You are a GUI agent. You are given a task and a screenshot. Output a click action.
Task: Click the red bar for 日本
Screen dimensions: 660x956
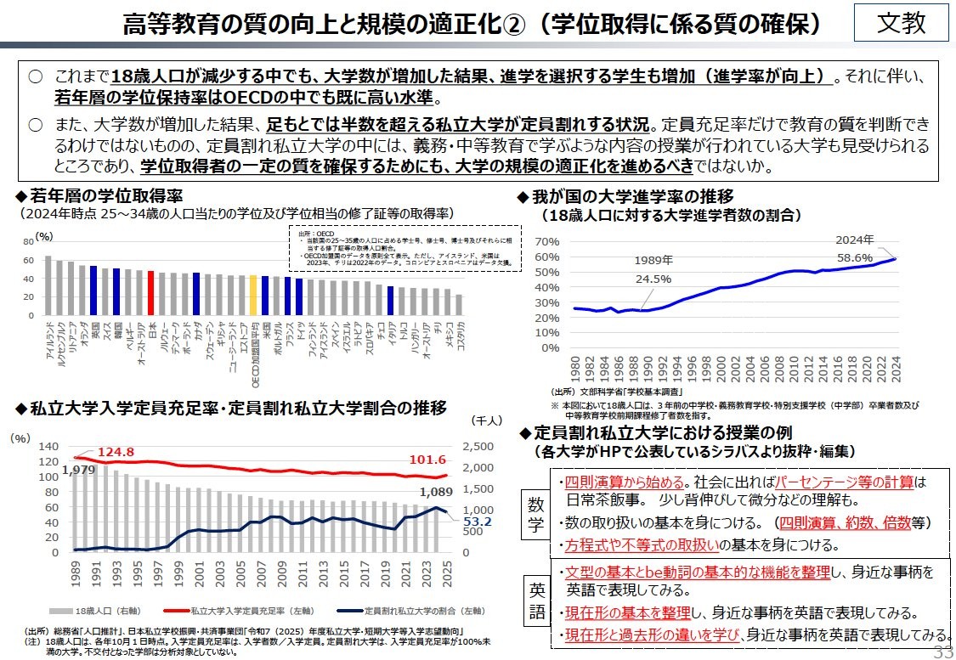(x=150, y=293)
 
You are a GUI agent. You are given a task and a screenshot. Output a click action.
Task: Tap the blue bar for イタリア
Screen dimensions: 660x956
(x=390, y=301)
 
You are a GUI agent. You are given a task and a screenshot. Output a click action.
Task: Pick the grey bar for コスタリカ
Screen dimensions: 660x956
(x=459, y=305)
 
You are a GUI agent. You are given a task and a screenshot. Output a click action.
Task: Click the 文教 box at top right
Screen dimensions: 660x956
(x=902, y=23)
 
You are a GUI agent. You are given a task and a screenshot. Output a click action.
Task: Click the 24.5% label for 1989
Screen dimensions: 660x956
(x=653, y=278)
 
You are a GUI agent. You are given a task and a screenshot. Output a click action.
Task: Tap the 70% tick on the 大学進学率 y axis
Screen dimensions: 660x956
(x=547, y=242)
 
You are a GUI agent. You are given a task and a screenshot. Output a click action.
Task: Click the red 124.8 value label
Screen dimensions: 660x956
(x=116, y=451)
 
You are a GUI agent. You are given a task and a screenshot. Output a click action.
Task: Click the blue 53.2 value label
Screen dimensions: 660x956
(x=478, y=521)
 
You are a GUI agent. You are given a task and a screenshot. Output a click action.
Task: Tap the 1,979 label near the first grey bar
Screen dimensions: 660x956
(x=78, y=470)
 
